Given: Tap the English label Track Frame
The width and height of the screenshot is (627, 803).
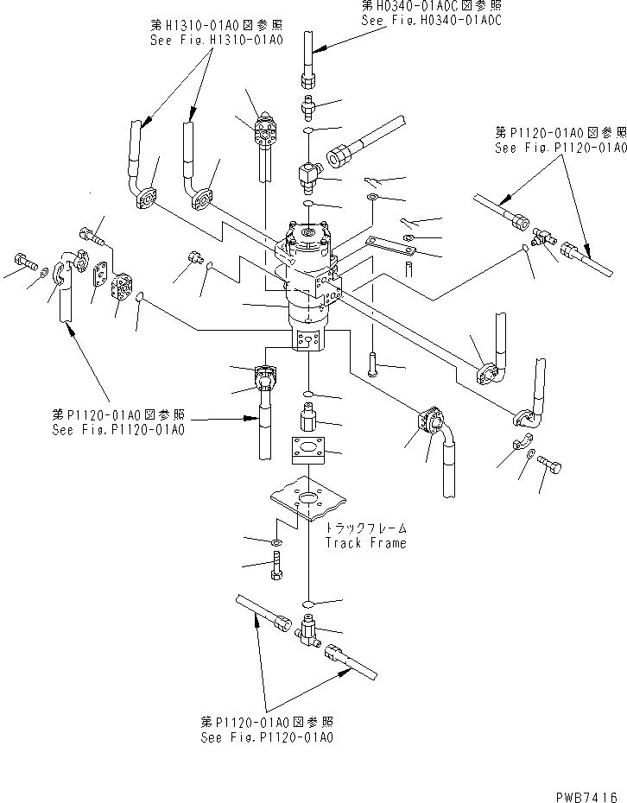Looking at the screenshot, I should click(x=365, y=543).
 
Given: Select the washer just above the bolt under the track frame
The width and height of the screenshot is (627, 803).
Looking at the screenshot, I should click(x=275, y=542).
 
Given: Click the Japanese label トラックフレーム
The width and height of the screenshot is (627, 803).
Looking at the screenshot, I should click(x=365, y=528).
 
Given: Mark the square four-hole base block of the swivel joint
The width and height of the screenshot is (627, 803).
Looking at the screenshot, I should click(x=308, y=340).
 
